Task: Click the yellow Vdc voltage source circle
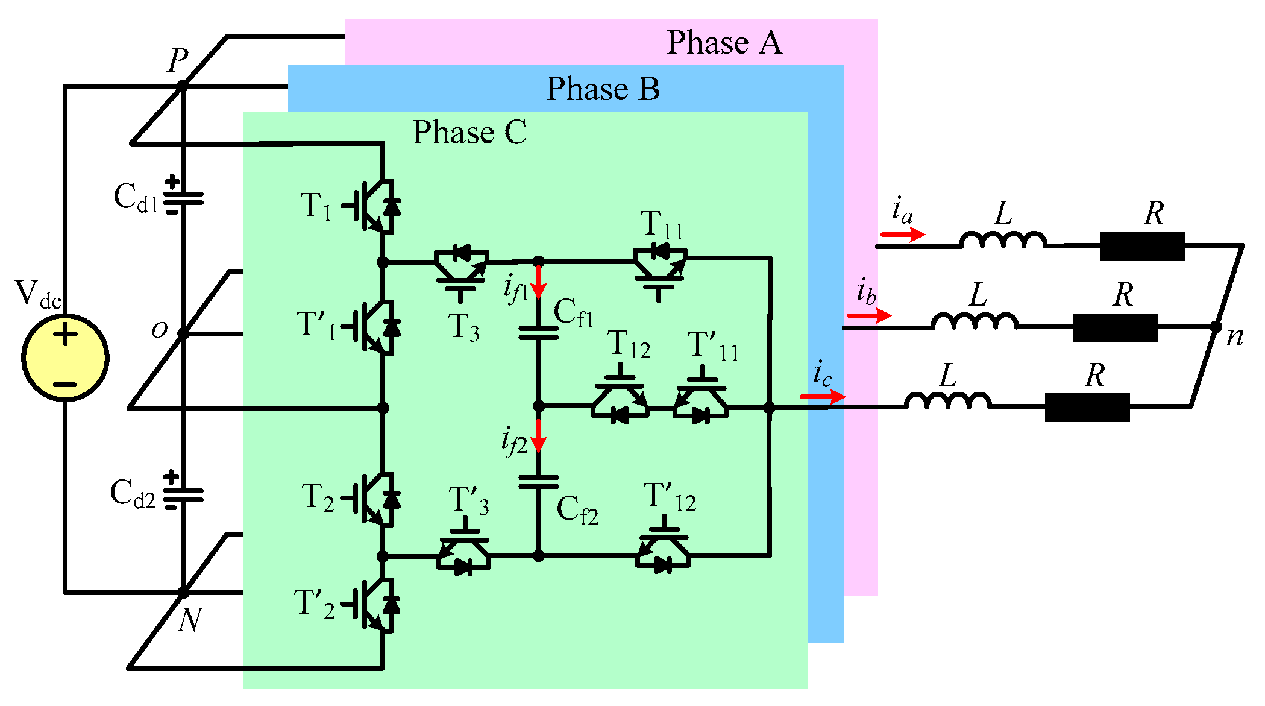[65, 357]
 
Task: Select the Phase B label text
[603, 89]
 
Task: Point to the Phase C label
[469, 132]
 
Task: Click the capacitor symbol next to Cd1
[183, 198]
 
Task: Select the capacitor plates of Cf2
[539, 482]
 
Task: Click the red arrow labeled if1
[539, 282]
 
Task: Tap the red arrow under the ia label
[902, 234]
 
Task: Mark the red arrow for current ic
[823, 396]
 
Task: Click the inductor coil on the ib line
[975, 322]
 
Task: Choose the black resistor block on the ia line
[1143, 246]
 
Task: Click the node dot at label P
[181, 87]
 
